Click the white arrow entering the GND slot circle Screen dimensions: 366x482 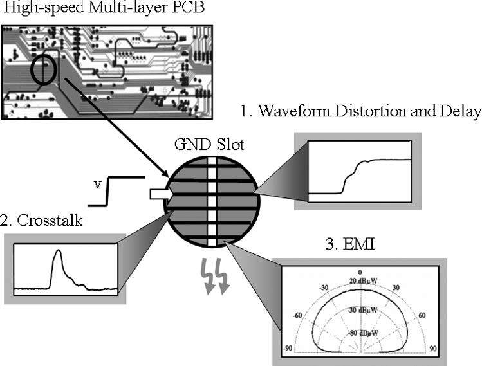point(156,194)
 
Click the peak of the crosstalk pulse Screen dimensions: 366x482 point(59,252)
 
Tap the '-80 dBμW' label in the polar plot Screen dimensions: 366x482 point(363,333)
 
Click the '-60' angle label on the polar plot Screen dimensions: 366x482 point(297,316)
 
